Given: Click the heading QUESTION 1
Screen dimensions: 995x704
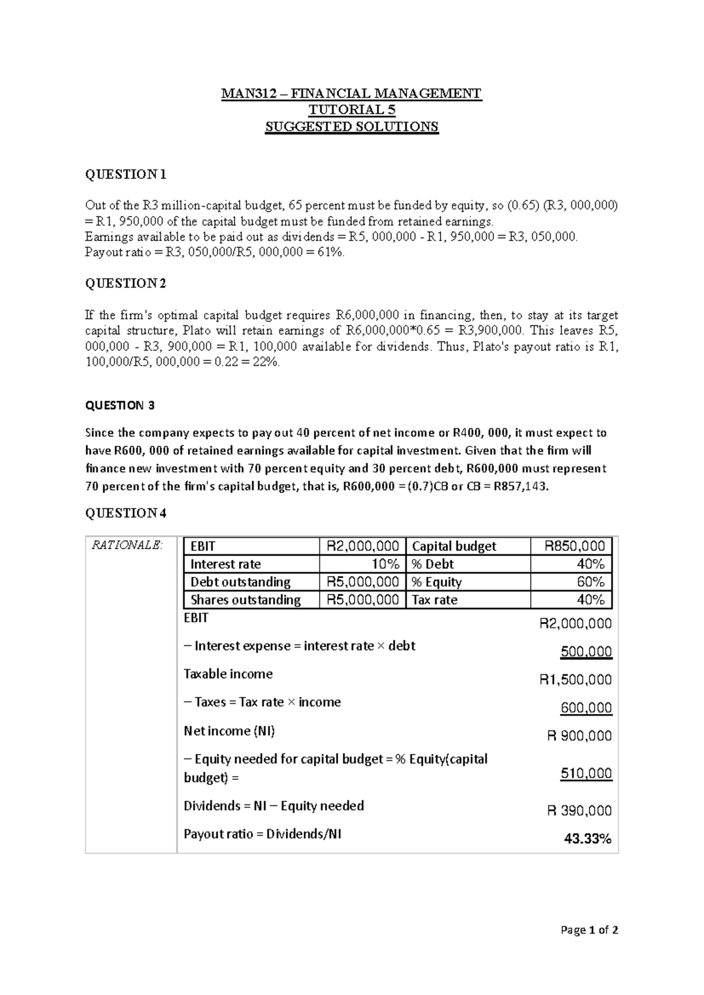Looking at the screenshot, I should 126,174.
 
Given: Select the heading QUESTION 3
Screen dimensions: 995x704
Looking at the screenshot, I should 120,405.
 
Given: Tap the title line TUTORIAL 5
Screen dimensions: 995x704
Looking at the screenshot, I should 352,110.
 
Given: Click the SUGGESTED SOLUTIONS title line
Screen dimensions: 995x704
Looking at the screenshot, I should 352,127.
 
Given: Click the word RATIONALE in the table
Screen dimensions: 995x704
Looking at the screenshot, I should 126,546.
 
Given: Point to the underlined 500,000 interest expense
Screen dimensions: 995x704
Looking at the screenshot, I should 585,652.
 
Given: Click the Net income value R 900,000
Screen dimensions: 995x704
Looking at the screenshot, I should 578,736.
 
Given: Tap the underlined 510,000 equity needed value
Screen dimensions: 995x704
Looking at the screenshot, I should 585,774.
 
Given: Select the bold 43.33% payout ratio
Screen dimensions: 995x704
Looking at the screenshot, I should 587,840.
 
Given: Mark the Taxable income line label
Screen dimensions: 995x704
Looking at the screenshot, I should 228,674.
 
